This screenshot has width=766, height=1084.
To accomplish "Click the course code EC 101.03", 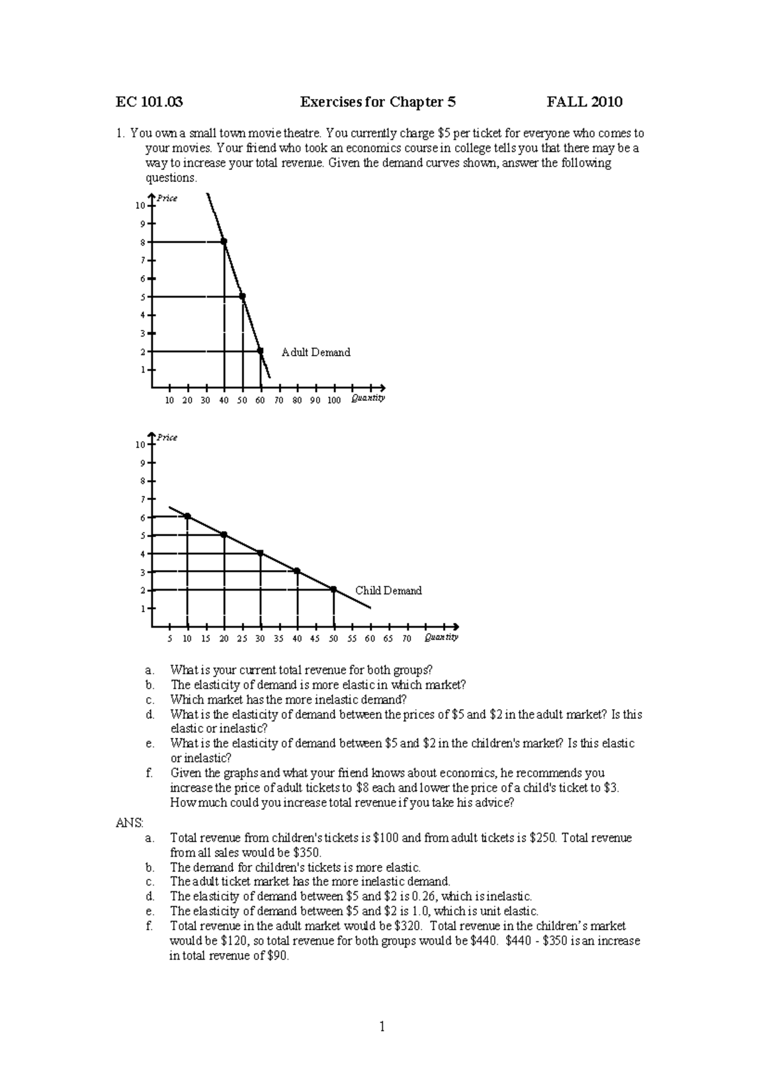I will point(149,102).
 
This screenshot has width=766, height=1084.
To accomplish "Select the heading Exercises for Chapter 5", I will point(378,102).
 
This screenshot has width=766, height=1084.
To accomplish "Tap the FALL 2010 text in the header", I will point(584,102).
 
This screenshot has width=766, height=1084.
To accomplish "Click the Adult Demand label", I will point(316,352).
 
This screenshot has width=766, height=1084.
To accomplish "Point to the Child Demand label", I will point(388,591).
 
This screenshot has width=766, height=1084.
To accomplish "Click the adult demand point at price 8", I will point(224,241).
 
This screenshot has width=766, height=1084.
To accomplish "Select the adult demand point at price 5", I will point(243,296).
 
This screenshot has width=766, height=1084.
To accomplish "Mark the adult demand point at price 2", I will point(260,351).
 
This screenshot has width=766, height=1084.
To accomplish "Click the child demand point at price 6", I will point(187,516).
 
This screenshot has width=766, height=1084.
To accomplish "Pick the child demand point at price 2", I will point(334,589).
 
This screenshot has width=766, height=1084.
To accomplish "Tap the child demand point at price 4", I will point(260,553).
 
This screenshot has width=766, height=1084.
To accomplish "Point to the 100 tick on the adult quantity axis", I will point(334,400).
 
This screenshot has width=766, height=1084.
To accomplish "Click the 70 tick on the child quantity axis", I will point(407,638).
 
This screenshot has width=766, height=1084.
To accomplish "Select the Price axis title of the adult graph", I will point(167,199).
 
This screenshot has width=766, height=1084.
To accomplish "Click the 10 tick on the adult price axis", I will point(139,206).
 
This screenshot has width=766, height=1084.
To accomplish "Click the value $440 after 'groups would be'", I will point(484,941).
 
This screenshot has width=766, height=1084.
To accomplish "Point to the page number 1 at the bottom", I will point(383,1027).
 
